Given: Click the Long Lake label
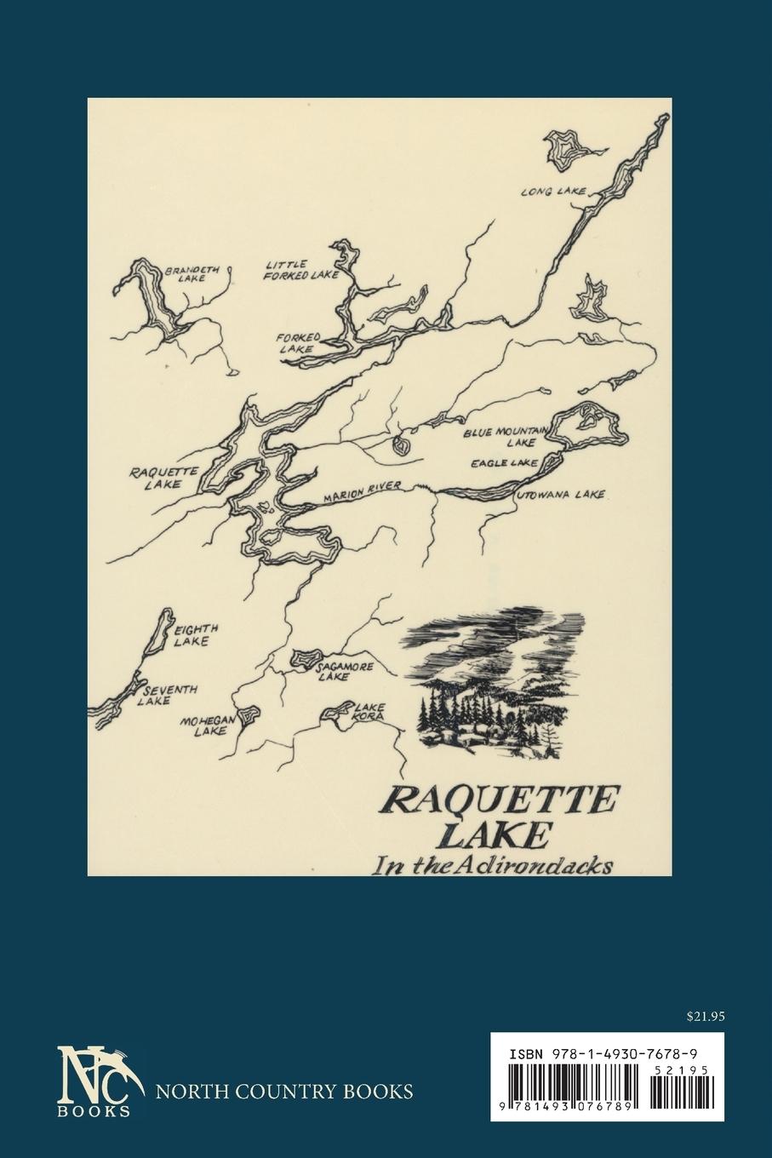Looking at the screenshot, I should tap(553, 192).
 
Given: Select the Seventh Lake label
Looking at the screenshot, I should tap(170, 694).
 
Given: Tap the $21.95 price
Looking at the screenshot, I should tap(704, 1015).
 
